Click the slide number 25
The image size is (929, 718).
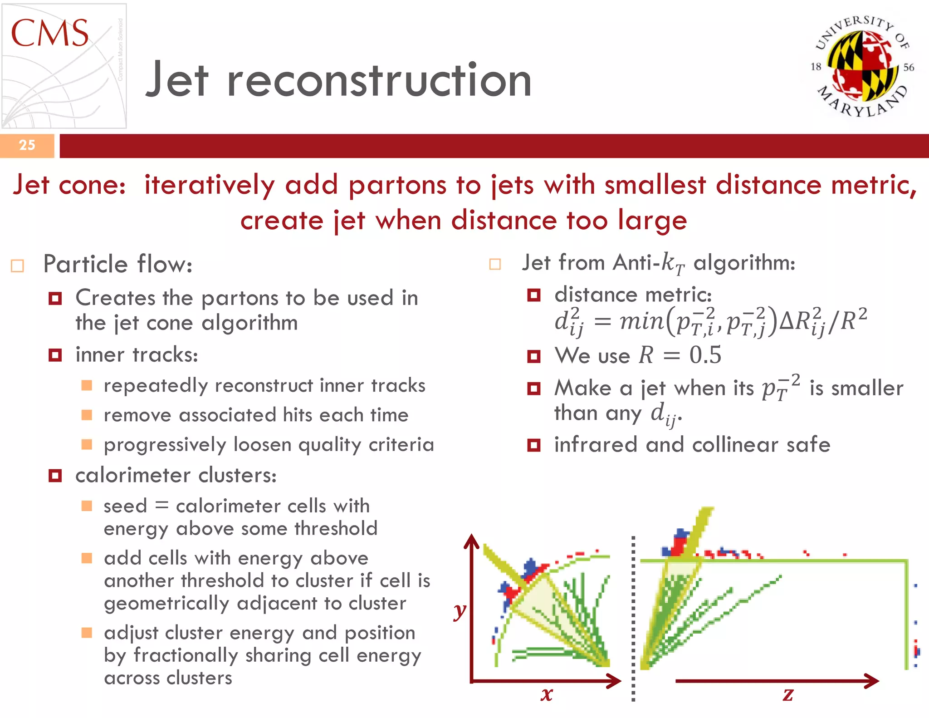point(27,145)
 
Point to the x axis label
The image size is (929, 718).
point(547,694)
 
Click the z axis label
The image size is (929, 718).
point(788,694)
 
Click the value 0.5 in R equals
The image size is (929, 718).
point(705,355)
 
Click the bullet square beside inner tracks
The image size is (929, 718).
point(55,355)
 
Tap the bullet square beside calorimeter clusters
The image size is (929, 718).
point(55,476)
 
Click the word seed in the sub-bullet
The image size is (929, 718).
point(125,506)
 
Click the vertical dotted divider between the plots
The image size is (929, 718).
point(633,617)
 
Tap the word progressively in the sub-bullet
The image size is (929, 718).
point(165,445)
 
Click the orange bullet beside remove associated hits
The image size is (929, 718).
point(87,415)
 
